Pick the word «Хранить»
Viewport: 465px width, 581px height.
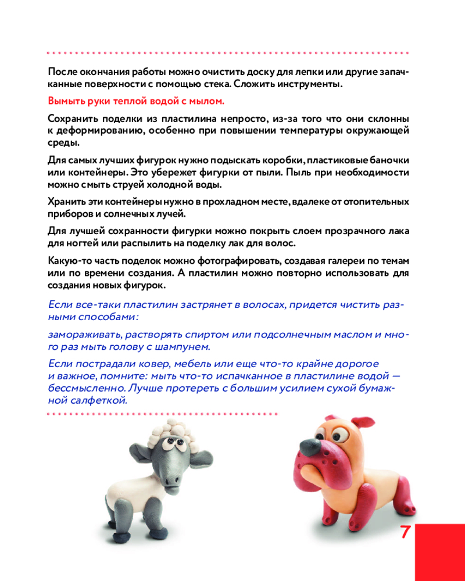tap(66, 202)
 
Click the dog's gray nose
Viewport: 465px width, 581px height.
tap(310, 446)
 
